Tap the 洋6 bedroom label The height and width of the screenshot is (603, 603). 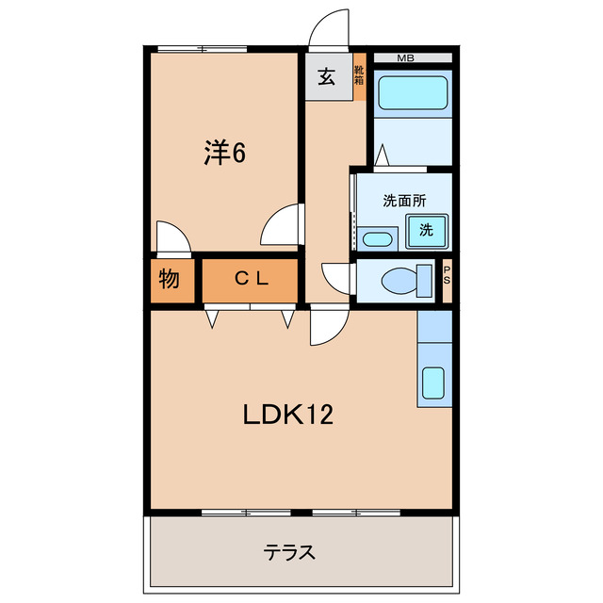click(225, 153)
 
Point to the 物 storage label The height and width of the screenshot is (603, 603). click(169, 279)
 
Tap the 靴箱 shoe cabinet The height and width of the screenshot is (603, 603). click(359, 74)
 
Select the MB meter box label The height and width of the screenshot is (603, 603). click(405, 58)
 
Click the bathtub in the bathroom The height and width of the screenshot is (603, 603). click(412, 94)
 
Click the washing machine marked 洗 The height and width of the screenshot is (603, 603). click(426, 230)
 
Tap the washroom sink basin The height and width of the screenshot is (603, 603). click(378, 238)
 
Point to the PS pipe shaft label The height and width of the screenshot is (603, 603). click(447, 279)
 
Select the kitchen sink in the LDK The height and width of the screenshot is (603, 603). click(433, 382)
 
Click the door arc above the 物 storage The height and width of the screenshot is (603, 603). click(172, 236)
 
